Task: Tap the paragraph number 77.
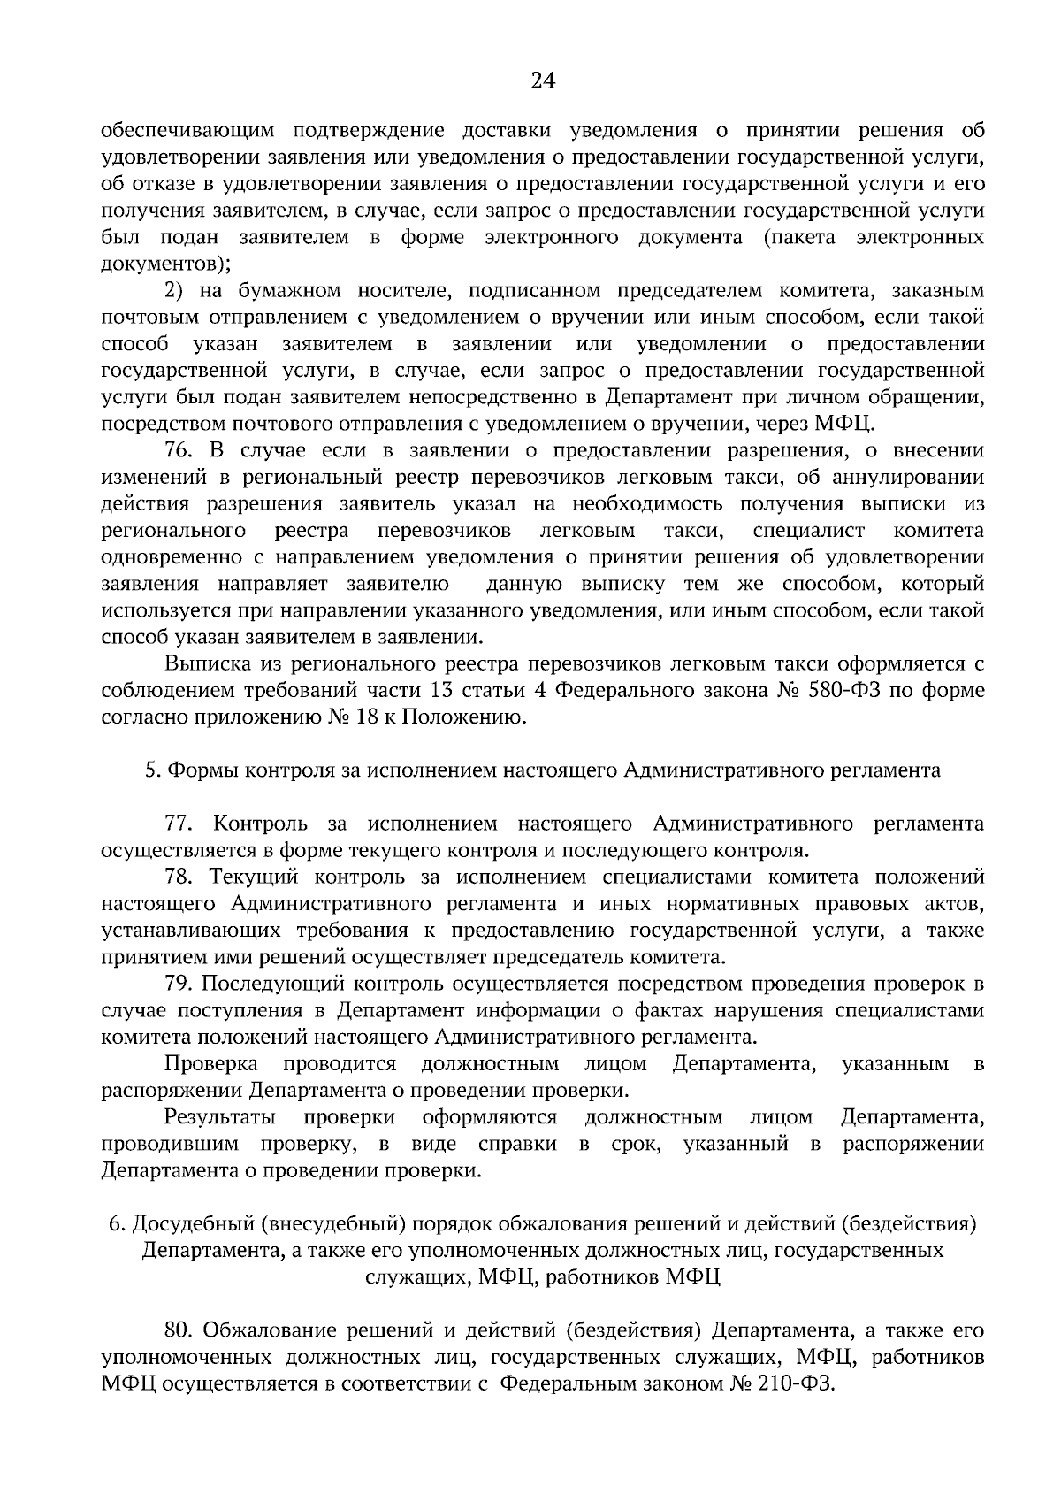coord(179,824)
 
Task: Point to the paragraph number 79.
coord(179,983)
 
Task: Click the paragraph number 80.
coord(180,1330)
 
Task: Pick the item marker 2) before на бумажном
coord(174,290)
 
